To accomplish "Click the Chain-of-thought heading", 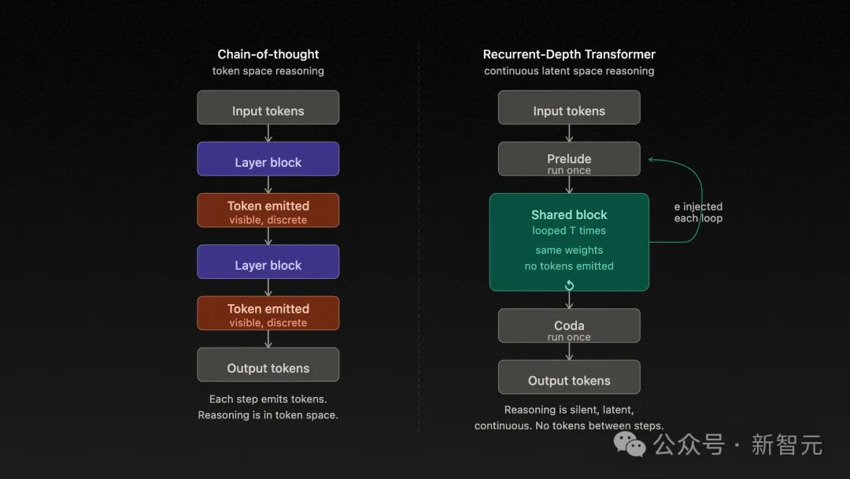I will coord(268,54).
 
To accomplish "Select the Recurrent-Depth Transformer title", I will coord(569,54).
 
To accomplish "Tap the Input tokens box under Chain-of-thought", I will coord(268,107).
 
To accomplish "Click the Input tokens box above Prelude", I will coord(569,107).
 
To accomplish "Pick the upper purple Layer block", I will coord(268,159).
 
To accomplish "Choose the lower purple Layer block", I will coord(268,262).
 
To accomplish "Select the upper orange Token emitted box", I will coord(268,210).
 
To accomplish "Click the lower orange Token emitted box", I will coord(268,314).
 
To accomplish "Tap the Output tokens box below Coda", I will coord(569,377).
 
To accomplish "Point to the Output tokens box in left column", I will coord(268,365).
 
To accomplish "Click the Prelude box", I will coord(569,159).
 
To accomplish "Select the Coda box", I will coord(569,326).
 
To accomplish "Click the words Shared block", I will coord(569,214).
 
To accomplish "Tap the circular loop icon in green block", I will coord(569,284).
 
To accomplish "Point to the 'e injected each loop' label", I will coord(698,213).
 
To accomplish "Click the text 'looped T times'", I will coord(569,231).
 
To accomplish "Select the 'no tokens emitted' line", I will coord(569,266).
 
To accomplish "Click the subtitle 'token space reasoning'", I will coord(268,71).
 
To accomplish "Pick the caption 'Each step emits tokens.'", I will coord(268,399).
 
